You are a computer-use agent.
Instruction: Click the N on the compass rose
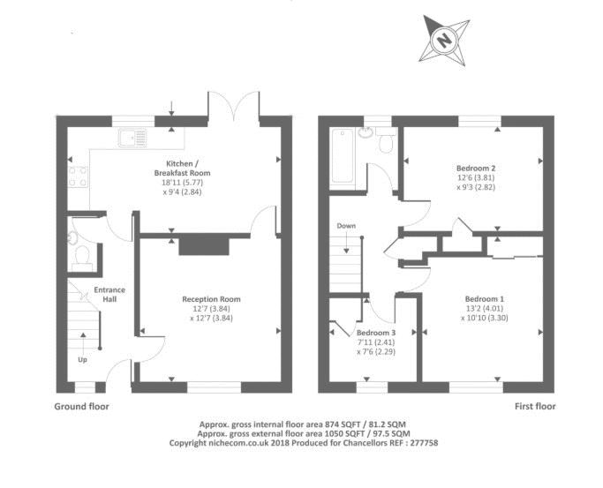click(444, 40)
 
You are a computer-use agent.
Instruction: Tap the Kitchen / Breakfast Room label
click(182, 169)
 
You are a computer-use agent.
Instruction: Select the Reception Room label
click(211, 299)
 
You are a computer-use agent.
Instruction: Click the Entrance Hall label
click(109, 295)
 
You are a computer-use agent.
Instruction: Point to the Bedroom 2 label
click(476, 169)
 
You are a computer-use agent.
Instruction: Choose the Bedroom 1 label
click(484, 299)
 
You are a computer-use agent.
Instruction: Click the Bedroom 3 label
click(376, 333)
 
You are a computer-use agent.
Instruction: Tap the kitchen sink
click(132, 137)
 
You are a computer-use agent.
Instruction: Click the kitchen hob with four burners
click(78, 176)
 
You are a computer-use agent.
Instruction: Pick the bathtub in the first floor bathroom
click(343, 155)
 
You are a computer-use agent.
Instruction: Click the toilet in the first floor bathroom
click(386, 140)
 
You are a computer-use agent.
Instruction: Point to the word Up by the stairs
click(83, 360)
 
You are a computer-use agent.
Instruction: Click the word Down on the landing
click(346, 226)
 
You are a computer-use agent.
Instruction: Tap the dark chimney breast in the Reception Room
click(204, 246)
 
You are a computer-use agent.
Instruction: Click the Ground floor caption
click(81, 407)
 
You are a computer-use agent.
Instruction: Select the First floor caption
click(535, 407)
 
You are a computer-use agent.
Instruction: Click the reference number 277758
click(424, 443)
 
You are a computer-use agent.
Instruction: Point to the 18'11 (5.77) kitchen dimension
click(182, 183)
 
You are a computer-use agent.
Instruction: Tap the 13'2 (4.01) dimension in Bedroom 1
click(484, 309)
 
